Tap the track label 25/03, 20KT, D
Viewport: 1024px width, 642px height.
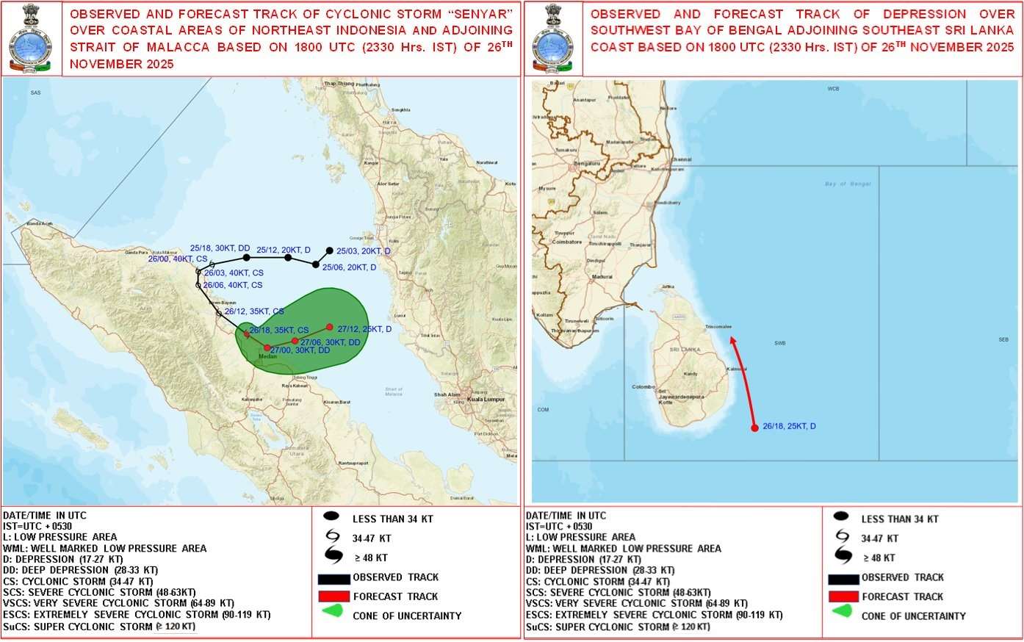[364, 251]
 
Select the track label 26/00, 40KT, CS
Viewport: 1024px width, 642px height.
[178, 259]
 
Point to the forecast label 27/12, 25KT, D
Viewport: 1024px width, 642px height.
[364, 329]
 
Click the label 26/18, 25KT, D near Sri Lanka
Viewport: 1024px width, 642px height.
[789, 426]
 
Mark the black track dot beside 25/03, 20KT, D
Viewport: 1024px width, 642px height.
[329, 250]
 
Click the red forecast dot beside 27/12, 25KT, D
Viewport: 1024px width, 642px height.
[330, 327]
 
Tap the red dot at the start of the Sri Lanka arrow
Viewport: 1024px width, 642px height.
[754, 428]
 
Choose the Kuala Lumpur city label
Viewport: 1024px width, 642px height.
[486, 399]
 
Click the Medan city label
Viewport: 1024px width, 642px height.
[267, 356]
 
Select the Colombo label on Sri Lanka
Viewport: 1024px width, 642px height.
[643, 387]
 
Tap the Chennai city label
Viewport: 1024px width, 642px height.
[681, 159]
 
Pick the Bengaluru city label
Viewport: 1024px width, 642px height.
[587, 164]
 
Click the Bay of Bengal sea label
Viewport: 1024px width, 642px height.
[848, 184]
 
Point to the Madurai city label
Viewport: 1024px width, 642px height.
[602, 277]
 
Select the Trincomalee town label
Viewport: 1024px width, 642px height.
[718, 327]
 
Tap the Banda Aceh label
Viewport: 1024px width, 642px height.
[40, 223]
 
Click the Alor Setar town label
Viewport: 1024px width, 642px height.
[388, 184]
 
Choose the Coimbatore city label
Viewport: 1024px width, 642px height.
[567, 242]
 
